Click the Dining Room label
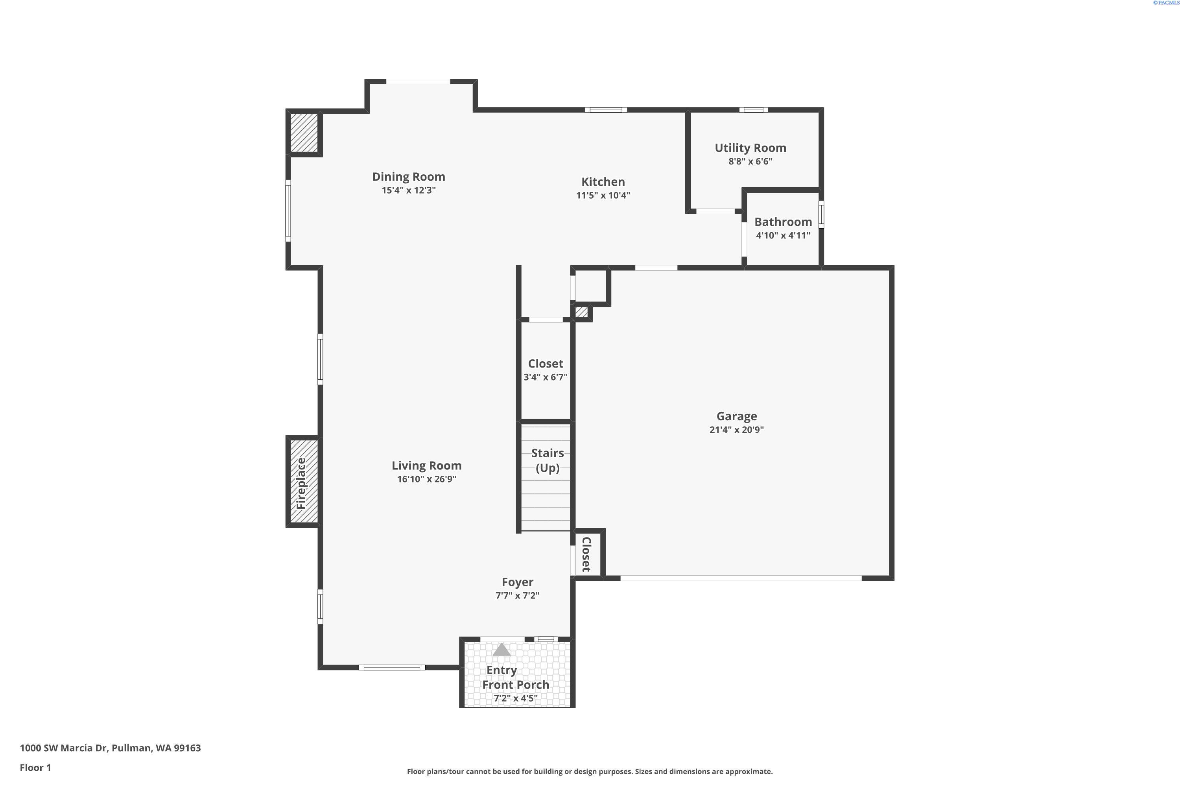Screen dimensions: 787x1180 pos(408,177)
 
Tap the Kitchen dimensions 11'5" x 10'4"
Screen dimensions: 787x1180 pos(603,195)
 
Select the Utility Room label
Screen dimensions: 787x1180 pos(750,148)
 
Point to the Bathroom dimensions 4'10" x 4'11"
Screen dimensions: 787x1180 pos(783,235)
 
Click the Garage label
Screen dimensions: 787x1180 pos(736,416)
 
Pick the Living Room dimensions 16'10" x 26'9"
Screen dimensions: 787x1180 pos(426,479)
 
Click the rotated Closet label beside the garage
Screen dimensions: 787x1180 pos(586,554)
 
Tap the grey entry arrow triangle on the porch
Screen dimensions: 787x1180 pos(501,650)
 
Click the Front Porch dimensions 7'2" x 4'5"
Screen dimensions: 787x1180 pos(515,698)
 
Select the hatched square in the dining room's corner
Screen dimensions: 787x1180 pos(304,133)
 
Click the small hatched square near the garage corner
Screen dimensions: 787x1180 pos(581,312)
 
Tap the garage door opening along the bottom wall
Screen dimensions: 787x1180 pos(741,578)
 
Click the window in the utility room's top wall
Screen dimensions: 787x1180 pos(753,110)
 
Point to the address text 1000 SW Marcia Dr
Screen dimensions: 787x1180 pos(110,748)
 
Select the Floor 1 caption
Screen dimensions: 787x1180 pos(35,767)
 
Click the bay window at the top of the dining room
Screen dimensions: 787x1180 pos(417,81)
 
